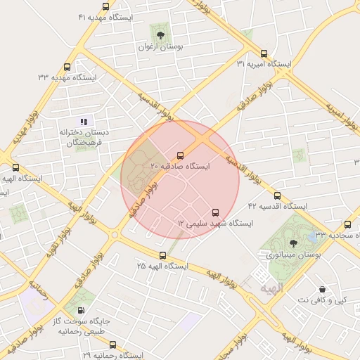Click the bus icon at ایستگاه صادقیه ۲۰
click(x=180, y=155)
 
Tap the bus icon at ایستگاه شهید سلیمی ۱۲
click(x=215, y=212)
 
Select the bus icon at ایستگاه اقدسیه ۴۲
click(x=277, y=195)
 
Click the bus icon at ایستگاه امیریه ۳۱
click(x=264, y=53)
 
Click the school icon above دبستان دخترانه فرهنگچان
click(x=84, y=122)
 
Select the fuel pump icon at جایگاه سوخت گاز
click(x=81, y=310)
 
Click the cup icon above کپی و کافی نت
click(x=322, y=289)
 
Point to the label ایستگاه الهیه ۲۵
click(x=162, y=266)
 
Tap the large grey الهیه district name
click(x=270, y=288)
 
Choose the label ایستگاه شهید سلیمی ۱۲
click(x=215, y=223)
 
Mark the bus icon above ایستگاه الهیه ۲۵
click(x=162, y=255)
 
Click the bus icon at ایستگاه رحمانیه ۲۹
click(x=112, y=345)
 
